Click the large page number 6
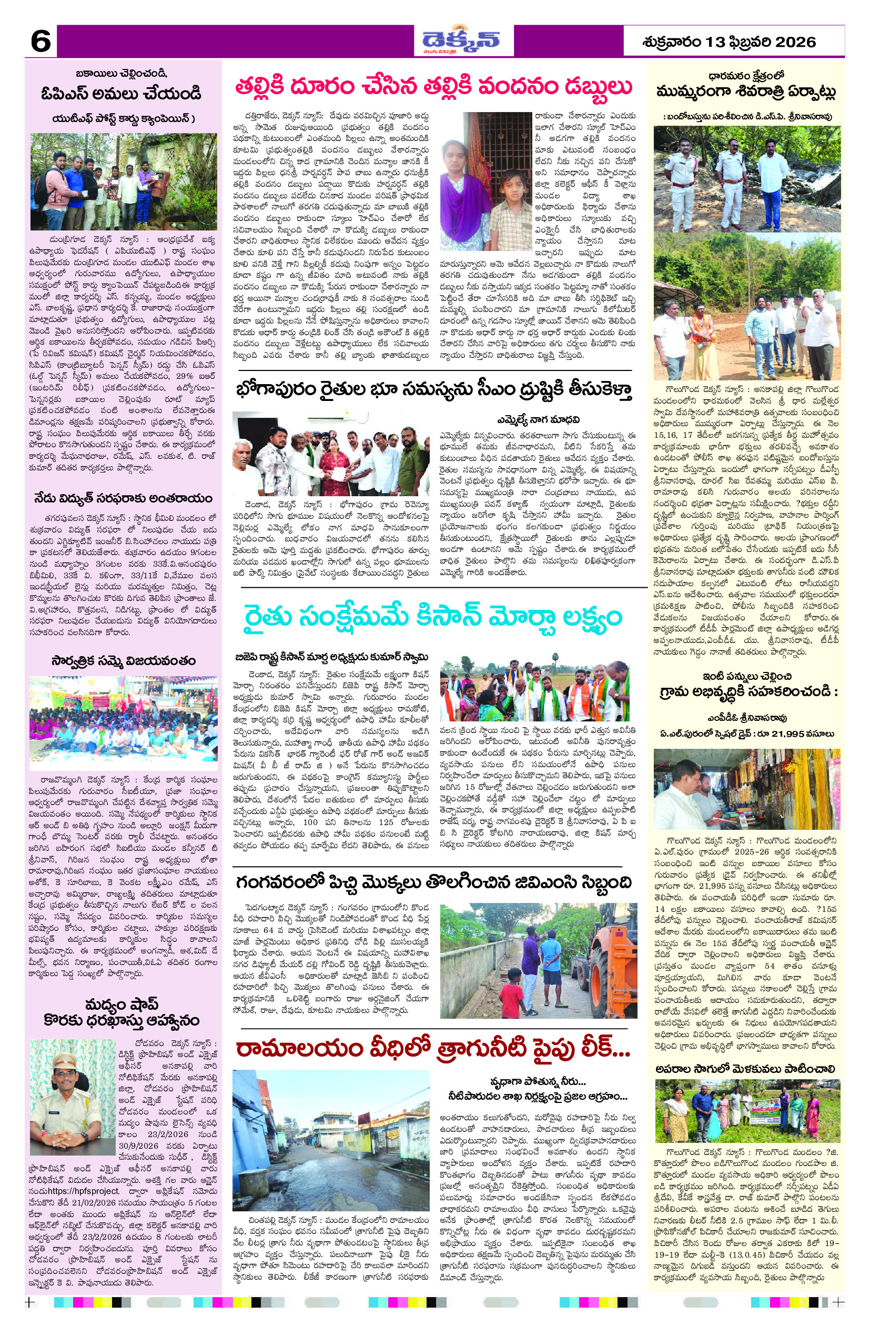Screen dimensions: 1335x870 coord(41,41)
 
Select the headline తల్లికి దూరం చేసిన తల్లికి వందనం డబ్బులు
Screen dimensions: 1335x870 coord(433,87)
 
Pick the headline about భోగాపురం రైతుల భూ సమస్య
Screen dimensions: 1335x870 coord(434,390)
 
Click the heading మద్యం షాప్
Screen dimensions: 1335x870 coord(121,1003)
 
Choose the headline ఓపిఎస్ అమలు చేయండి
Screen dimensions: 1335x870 coord(121,93)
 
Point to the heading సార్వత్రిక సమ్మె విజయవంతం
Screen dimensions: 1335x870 coord(123,660)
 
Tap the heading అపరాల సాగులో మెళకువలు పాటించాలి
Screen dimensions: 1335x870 coord(745,1070)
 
